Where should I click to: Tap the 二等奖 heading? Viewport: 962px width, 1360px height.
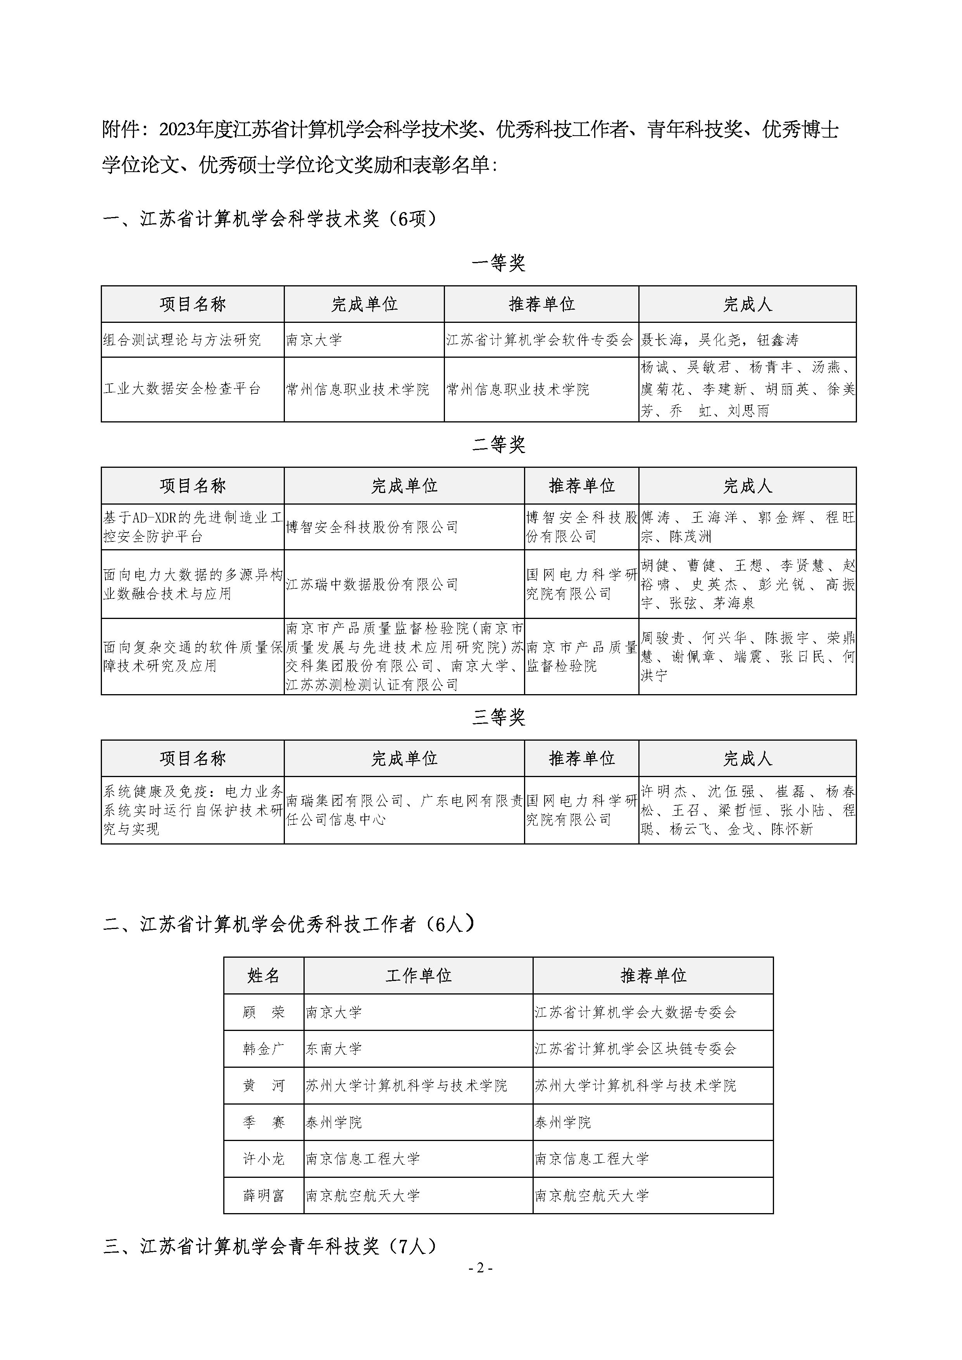pos(499,445)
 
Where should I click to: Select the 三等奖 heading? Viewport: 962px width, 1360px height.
pos(499,718)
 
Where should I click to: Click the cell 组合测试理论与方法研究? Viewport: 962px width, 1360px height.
pos(182,340)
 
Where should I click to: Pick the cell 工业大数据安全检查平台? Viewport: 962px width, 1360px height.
pos(182,389)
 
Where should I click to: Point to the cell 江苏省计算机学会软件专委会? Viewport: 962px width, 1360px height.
pos(540,340)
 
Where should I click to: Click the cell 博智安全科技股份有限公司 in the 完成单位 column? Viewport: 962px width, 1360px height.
pos(372,527)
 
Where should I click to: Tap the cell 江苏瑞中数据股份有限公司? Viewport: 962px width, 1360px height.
pos(372,584)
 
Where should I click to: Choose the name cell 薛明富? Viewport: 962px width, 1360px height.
pos(264,1195)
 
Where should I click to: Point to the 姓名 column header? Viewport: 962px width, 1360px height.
pos(264,976)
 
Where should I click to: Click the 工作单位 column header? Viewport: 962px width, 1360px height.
pos(418,976)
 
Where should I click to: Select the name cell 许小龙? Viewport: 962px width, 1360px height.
pos(264,1158)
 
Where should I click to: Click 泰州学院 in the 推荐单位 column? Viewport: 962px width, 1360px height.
pos(563,1122)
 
